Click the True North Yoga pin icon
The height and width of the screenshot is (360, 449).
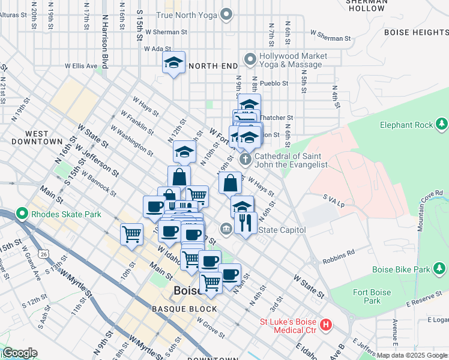[226, 14]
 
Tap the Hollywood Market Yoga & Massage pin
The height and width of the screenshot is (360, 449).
[250, 59]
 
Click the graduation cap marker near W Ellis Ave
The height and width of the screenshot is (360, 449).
[173, 63]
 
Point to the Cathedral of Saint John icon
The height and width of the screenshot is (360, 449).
[245, 160]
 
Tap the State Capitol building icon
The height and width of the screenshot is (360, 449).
[226, 229]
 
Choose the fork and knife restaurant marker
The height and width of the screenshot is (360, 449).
[246, 223]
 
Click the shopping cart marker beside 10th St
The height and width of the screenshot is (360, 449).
[131, 234]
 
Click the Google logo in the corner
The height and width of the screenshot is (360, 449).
[20, 353]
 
